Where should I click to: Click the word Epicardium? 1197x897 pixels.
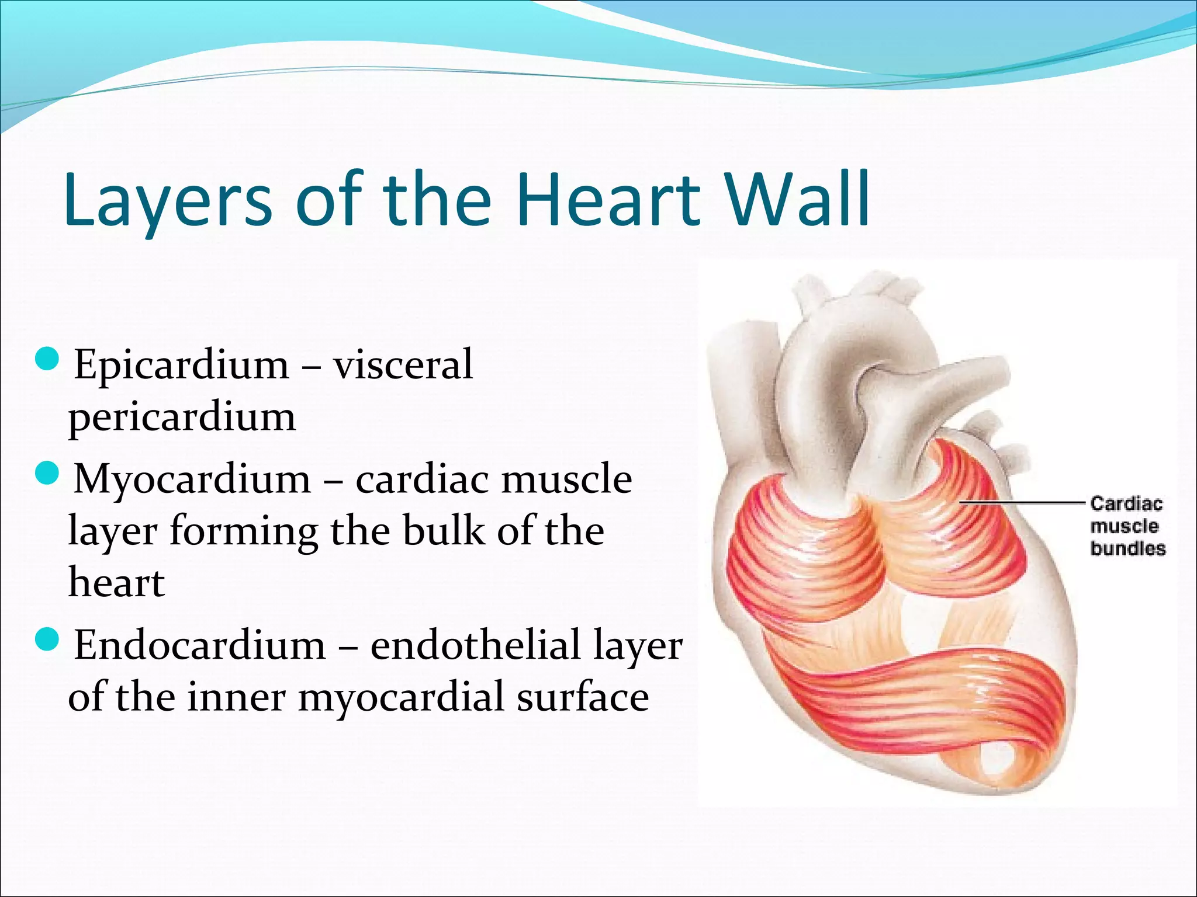coord(181,365)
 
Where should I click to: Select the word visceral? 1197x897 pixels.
coord(403,365)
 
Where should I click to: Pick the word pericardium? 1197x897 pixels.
coord(182,418)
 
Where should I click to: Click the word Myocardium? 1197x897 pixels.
coord(192,479)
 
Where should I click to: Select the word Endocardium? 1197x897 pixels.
coord(199,645)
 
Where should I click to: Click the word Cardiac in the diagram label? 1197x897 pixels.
coord(1126,504)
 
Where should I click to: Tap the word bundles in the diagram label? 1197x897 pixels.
coord(1127,549)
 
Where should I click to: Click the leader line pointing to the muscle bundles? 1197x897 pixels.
coord(1023,502)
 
